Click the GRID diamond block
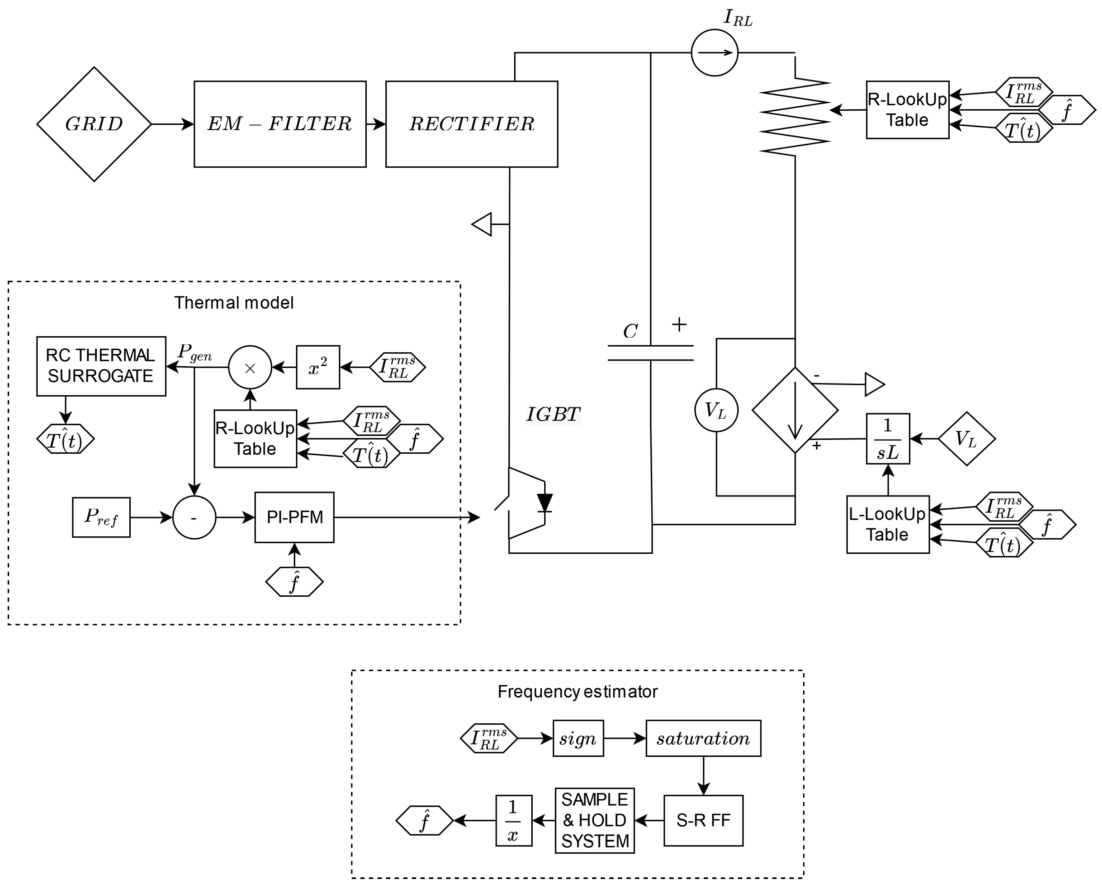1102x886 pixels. [94, 124]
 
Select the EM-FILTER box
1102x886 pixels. [280, 124]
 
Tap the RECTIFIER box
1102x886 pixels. [471, 124]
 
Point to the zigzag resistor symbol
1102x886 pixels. [795, 116]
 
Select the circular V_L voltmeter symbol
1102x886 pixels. [716, 410]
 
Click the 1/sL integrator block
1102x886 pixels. [888, 439]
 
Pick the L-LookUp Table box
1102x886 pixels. [888, 524]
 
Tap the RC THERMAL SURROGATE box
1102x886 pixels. [101, 366]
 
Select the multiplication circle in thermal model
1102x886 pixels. [250, 367]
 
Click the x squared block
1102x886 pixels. [318, 367]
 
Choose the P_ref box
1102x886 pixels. [101, 517]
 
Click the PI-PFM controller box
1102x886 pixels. [294, 517]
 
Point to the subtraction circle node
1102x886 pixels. [194, 517]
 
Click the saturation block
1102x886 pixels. [703, 738]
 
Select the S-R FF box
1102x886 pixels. [703, 821]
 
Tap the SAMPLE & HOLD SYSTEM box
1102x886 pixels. [595, 821]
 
